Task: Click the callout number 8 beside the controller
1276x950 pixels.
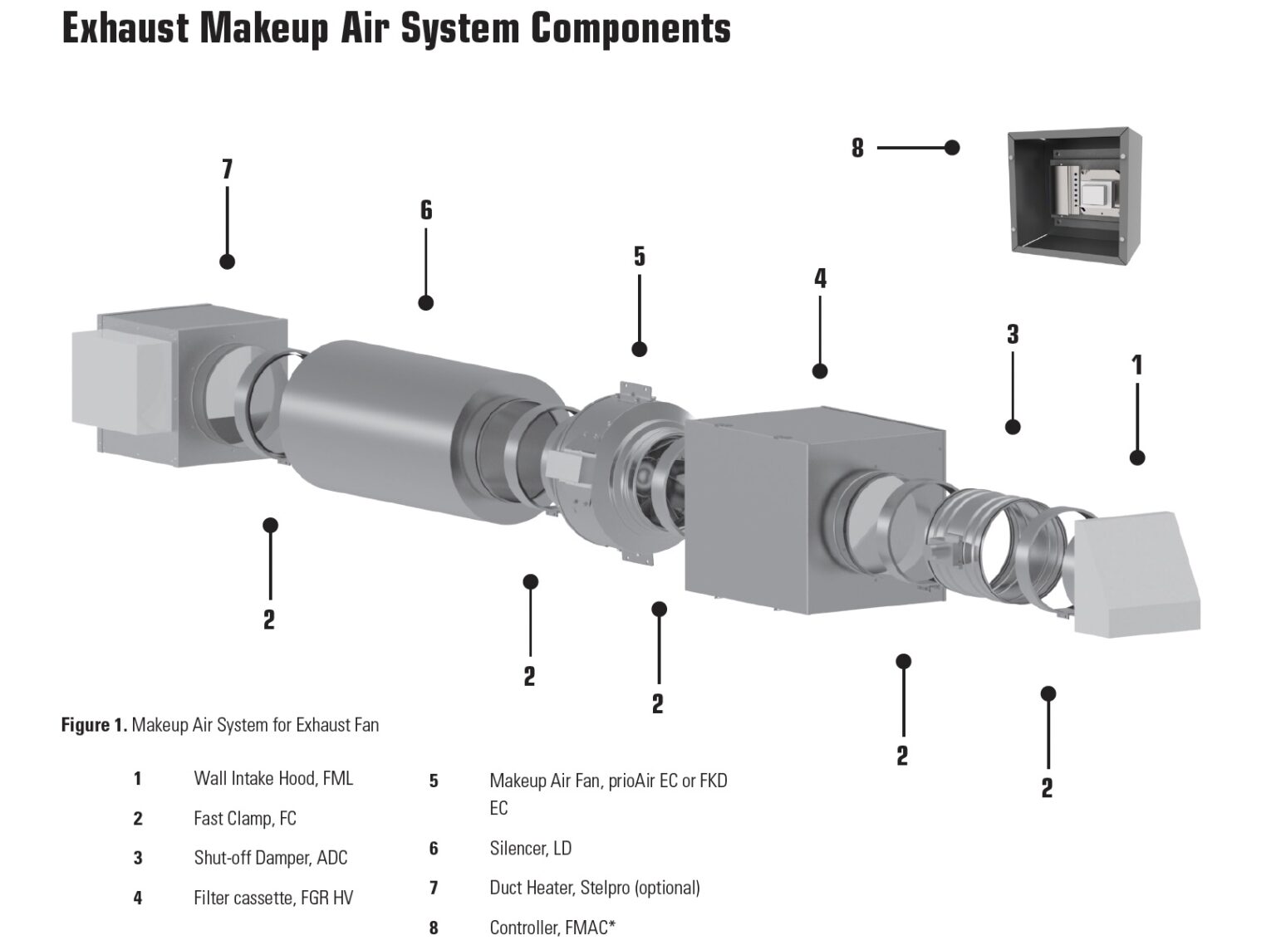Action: pyautogui.click(x=857, y=149)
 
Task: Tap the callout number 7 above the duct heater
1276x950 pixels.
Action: pyautogui.click(x=227, y=169)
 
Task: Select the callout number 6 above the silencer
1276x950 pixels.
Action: pyautogui.click(x=426, y=210)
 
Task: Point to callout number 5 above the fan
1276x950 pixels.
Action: pyautogui.click(x=639, y=257)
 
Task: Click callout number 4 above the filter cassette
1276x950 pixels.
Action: pyautogui.click(x=820, y=278)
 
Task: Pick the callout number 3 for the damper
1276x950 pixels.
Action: pyautogui.click(x=1012, y=335)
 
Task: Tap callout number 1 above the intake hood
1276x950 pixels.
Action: pyautogui.click(x=1137, y=365)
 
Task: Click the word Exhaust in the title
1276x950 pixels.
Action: pyautogui.click(x=125, y=28)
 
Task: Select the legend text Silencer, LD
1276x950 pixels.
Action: pyautogui.click(x=530, y=848)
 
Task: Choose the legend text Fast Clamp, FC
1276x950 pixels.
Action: pyautogui.click(x=244, y=818)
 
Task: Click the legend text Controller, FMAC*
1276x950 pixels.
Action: pyautogui.click(x=552, y=928)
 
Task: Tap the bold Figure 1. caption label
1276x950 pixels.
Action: pyautogui.click(x=94, y=725)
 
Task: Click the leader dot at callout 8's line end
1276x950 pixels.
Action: pyautogui.click(x=952, y=147)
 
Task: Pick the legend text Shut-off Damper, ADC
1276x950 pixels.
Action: pyautogui.click(x=270, y=858)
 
